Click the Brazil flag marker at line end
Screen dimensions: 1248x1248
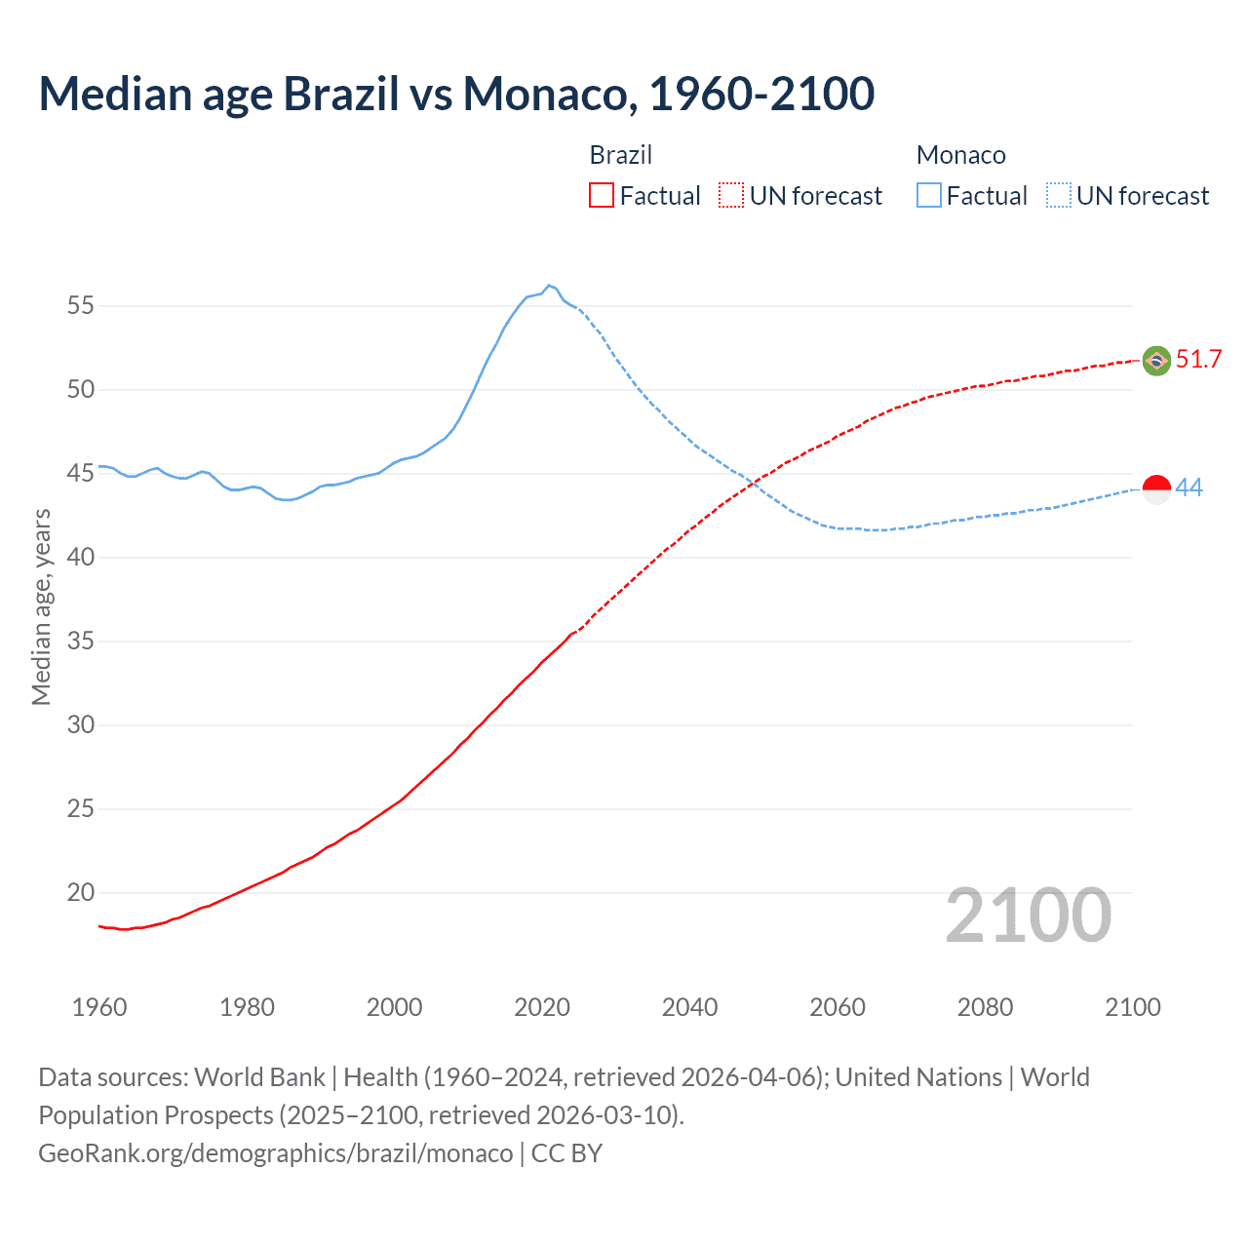[1156, 361]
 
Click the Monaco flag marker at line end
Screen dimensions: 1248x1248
[1156, 488]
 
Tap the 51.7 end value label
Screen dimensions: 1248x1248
[1198, 360]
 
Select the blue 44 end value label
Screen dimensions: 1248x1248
[1189, 487]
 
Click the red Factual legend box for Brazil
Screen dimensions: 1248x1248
[602, 196]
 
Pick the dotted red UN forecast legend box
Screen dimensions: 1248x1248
[731, 196]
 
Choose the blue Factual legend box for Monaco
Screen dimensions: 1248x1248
[928, 196]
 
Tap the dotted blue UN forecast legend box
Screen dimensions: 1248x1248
[1058, 196]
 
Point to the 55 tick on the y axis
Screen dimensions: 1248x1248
[80, 306]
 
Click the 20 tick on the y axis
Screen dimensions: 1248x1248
[80, 893]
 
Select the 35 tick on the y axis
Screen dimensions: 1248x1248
[80, 642]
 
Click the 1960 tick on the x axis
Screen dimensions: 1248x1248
[99, 1007]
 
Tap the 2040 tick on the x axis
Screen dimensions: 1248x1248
[689, 1007]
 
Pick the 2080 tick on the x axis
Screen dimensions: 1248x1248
[985, 1007]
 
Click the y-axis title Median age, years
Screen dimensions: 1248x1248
[41, 606]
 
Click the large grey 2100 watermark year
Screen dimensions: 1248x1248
[1028, 916]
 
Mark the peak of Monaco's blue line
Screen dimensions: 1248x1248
[549, 286]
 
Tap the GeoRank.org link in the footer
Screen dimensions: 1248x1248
[275, 1153]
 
